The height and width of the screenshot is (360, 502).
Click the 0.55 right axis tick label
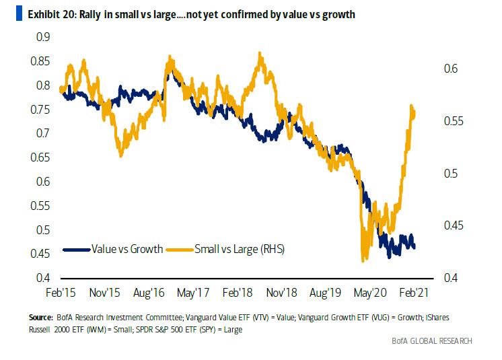click(453, 121)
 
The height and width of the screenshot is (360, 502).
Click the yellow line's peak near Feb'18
click(260, 53)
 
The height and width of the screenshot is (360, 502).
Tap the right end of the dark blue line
click(414, 247)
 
